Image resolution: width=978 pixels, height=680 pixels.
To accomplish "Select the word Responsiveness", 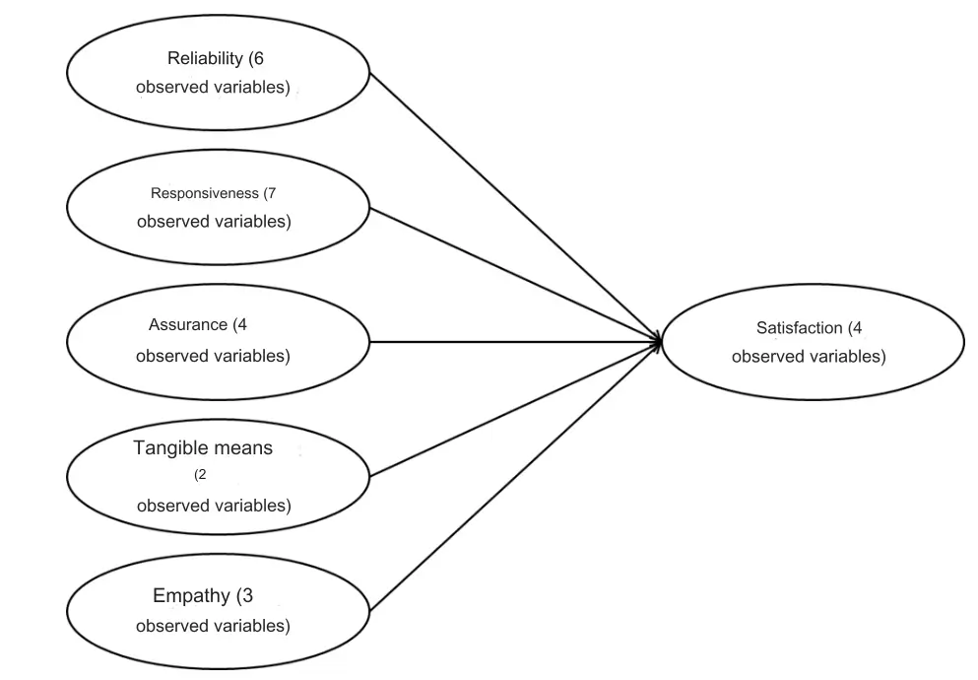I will click(x=205, y=193).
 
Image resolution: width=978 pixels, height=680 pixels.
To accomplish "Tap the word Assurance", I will click(x=188, y=325).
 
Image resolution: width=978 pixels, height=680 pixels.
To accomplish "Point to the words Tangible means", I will click(x=203, y=448).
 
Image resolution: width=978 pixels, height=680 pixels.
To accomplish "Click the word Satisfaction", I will click(x=800, y=328).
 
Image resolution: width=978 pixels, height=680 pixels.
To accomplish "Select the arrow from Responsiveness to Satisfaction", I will click(x=512, y=274).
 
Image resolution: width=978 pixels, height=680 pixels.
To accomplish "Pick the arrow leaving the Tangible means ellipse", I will click(x=512, y=410).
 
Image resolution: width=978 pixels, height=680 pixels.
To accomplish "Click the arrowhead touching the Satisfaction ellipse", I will click(x=655, y=342).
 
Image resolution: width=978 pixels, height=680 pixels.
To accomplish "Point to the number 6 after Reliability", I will click(x=258, y=59).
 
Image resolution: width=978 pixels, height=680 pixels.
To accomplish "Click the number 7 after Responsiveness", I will click(x=271, y=193).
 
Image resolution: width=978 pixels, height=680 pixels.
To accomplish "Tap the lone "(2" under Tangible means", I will click(x=200, y=475).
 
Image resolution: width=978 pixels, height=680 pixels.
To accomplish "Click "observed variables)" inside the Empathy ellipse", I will click(x=213, y=626).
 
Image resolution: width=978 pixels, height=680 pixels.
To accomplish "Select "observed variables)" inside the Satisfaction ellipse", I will click(x=808, y=357).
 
